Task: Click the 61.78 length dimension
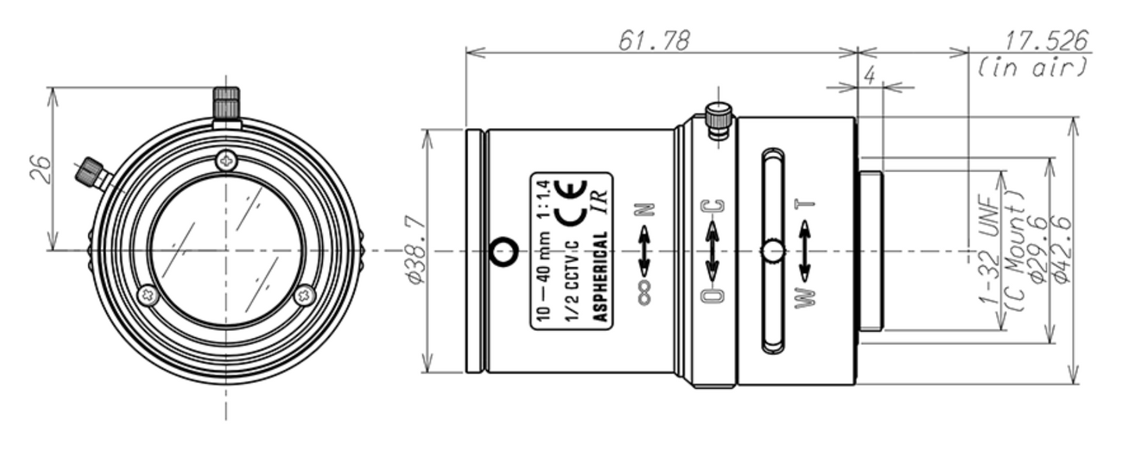(x=654, y=41)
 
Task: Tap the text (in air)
(x=1031, y=67)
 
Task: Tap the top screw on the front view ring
(x=225, y=159)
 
